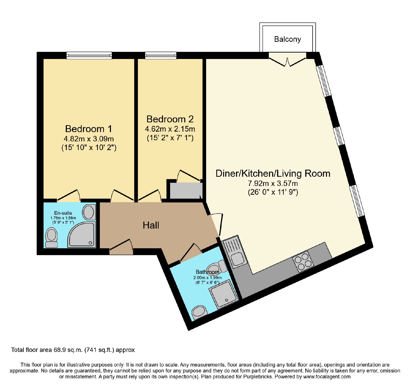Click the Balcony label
pos(287,39)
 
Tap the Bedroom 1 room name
pos(89,129)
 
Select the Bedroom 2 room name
pos(170,119)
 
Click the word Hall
pos(151,225)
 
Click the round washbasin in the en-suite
pos(89,212)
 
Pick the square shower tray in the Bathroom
pos(224,294)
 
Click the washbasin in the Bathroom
pos(200,312)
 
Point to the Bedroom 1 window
pos(89,55)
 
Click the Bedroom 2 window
pos(161,55)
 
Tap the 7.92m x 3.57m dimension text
pos(273,183)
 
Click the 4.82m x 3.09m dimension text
pos(89,139)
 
